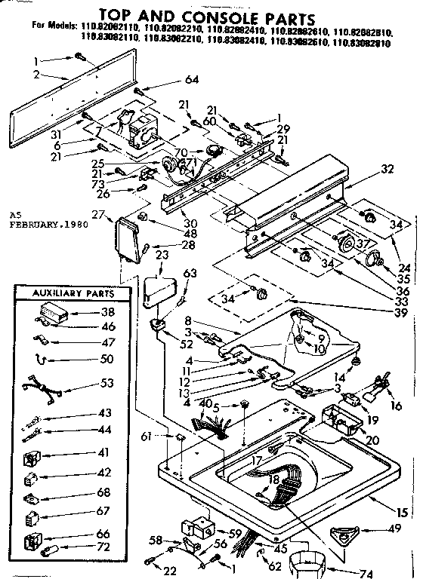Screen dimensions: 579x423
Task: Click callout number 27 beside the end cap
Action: (97, 215)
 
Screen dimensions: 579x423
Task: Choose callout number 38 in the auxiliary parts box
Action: (109, 311)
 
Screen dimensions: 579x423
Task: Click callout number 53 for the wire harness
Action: (107, 384)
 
